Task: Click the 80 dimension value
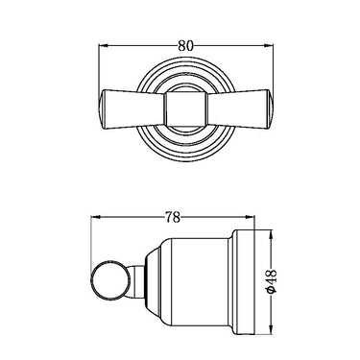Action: pyautogui.click(x=186, y=46)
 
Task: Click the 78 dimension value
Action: pyautogui.click(x=173, y=218)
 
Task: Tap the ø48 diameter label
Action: pyautogui.click(x=272, y=280)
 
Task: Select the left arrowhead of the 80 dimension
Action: pyautogui.click(x=103, y=46)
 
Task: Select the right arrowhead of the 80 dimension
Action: pyautogui.click(x=268, y=46)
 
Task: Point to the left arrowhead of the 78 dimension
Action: pyautogui.click(x=96, y=217)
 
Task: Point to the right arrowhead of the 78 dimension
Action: pyautogui.click(x=250, y=217)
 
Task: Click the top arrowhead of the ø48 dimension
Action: pyautogui.click(x=272, y=235)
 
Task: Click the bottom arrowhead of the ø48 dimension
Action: pyautogui.click(x=272, y=330)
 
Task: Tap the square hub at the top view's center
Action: pyautogui.click(x=185, y=109)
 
